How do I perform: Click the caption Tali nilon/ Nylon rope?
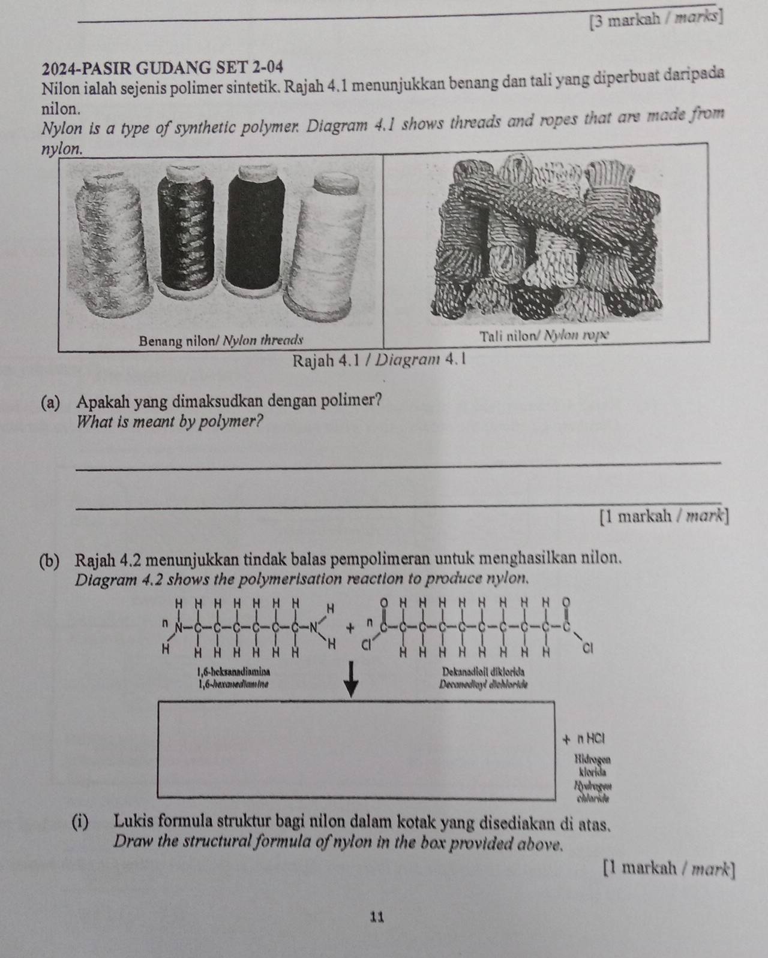coord(545,336)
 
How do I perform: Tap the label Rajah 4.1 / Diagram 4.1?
coord(378,362)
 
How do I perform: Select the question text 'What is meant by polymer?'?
coord(170,421)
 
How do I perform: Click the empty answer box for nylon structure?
coord(355,749)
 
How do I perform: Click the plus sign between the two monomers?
coord(350,628)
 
